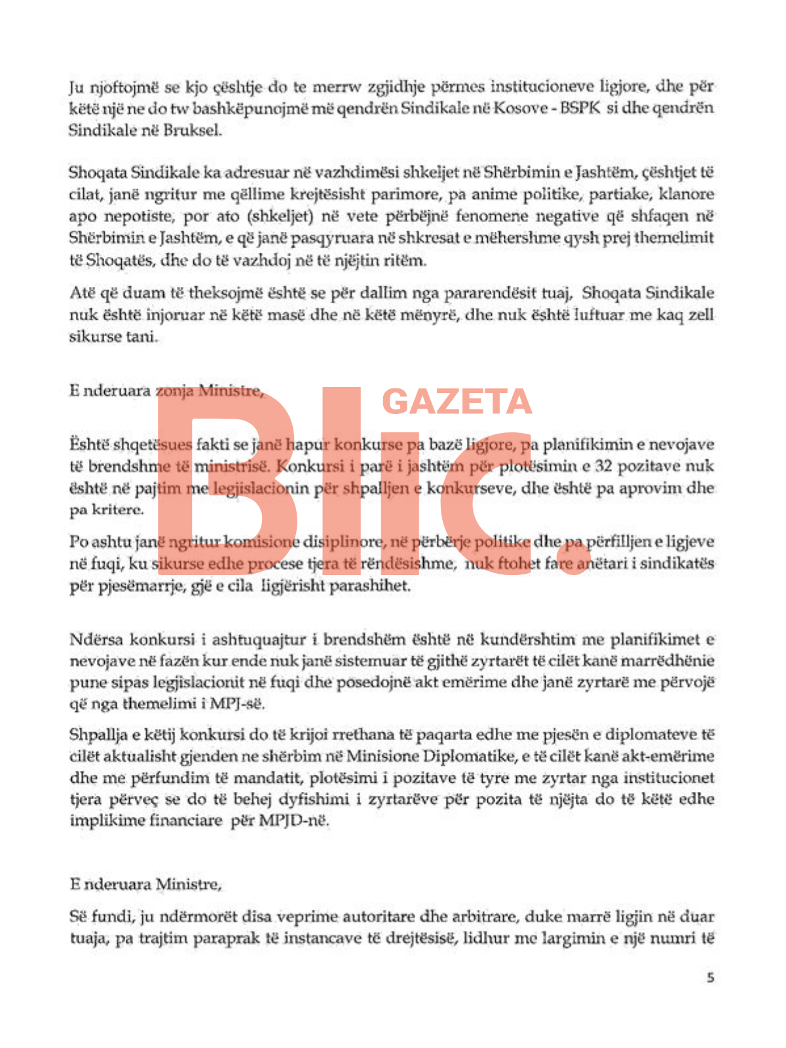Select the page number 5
[x=711, y=978]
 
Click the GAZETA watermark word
[x=457, y=402]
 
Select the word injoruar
[x=175, y=315]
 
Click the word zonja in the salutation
[x=174, y=391]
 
